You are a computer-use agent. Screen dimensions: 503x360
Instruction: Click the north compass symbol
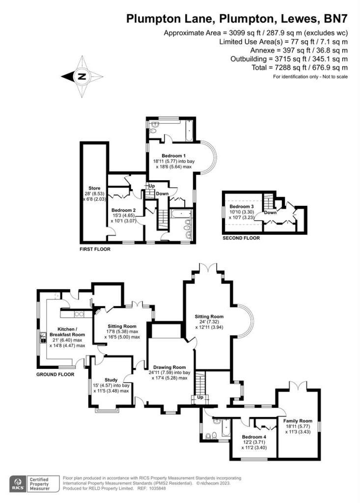click(x=82, y=76)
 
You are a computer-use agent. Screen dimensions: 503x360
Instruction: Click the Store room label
click(x=94, y=188)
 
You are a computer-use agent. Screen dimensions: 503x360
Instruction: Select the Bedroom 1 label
click(x=171, y=156)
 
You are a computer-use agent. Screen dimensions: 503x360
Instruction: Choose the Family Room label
click(x=298, y=421)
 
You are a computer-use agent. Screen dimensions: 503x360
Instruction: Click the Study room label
click(x=111, y=380)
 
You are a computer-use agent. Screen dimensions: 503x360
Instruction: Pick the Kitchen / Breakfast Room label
click(x=66, y=329)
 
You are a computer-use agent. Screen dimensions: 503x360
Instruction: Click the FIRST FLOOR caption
click(x=95, y=250)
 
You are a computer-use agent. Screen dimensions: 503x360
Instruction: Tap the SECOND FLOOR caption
click(x=241, y=238)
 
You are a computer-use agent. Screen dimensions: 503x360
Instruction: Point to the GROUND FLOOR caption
click(x=55, y=374)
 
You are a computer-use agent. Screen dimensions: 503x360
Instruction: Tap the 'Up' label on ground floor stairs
click(x=199, y=397)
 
